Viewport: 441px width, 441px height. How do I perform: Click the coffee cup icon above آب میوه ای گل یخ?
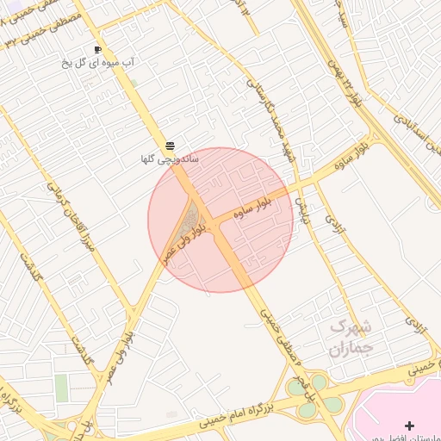(97, 50)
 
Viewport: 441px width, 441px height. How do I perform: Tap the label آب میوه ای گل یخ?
(102, 63)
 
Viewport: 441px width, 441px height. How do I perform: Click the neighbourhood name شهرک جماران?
(350, 339)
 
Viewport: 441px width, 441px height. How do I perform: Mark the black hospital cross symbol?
(409, 425)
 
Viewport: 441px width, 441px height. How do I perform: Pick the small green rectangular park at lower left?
(61, 387)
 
